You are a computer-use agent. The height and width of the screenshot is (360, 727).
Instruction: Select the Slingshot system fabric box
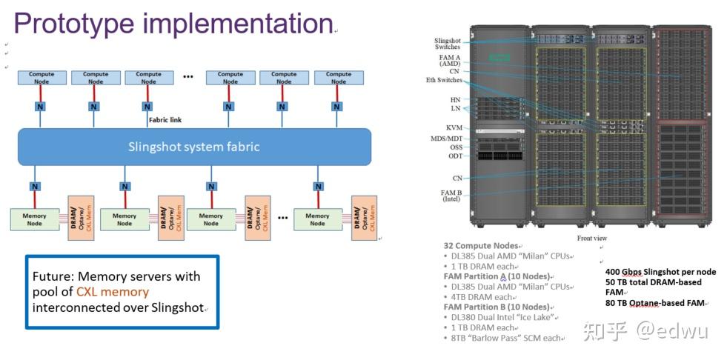[x=194, y=147]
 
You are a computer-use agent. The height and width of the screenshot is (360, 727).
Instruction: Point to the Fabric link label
[x=165, y=119]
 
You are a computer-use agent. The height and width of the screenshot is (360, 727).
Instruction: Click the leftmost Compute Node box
[x=42, y=78]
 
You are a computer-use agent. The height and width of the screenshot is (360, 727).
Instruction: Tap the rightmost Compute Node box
[x=338, y=78]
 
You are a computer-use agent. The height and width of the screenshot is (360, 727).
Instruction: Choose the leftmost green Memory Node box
[x=34, y=219]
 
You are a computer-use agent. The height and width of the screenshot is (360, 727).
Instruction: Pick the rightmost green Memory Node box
[x=317, y=219]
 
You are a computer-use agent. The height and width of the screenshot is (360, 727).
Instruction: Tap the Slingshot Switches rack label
[x=447, y=43]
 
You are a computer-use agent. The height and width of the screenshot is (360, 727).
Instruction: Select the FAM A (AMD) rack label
[x=449, y=60]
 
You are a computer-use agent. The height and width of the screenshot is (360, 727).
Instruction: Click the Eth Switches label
[x=444, y=80]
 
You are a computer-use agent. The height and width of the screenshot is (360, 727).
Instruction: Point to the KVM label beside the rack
[x=454, y=127]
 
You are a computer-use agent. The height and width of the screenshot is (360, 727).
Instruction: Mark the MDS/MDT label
[x=447, y=139]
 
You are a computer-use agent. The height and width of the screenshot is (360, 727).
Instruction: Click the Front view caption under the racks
[x=593, y=238]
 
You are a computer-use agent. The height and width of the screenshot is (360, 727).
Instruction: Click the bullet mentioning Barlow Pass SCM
[x=506, y=338]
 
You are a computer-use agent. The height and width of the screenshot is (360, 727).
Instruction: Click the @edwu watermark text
[x=671, y=330]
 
